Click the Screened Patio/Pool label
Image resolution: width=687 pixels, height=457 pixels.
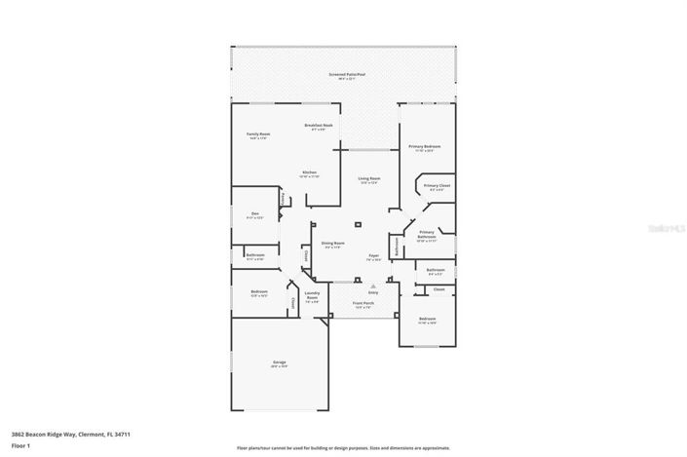coord(345,74)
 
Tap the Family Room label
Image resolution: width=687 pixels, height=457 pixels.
coord(257,135)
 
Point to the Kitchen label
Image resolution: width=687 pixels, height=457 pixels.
coord(309,173)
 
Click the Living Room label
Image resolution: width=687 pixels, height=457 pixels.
coord(368,179)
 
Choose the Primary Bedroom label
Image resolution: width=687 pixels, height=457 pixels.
coord(426,147)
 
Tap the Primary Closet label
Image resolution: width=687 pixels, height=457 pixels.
coord(436,187)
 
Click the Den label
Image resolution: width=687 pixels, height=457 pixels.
coord(254,215)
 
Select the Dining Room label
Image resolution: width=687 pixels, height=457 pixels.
coord(334,245)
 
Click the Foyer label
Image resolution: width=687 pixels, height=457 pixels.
coord(373,258)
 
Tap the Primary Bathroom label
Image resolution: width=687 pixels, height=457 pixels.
coord(427,235)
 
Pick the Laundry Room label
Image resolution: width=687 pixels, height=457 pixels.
coord(313,295)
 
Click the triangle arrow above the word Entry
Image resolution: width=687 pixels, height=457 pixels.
coord(372,286)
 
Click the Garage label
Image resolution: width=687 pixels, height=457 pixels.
coord(279,363)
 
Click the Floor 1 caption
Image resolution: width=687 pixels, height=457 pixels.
coord(20,445)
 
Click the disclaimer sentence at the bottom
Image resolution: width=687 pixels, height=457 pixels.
coord(343,447)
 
